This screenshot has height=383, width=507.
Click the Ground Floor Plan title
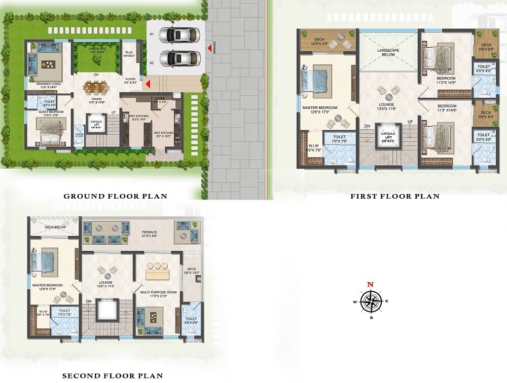(x=115, y=196)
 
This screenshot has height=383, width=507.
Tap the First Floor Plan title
(x=395, y=196)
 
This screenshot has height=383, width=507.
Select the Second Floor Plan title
(x=113, y=375)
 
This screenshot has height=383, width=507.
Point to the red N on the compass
(x=371, y=285)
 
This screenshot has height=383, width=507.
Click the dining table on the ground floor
(x=96, y=88)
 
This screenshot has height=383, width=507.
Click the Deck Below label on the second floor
(x=54, y=227)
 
